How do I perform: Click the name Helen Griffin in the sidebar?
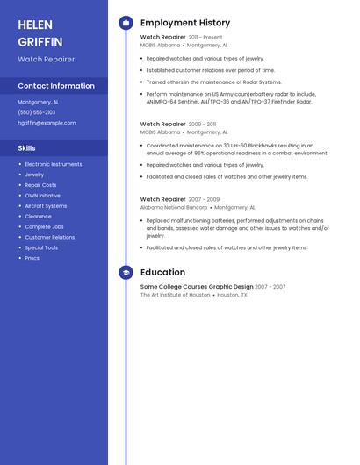pos(40,32)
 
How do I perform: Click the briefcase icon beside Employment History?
pos(126,23)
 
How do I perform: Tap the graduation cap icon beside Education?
pos(126,272)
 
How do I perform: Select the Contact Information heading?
pos(56,86)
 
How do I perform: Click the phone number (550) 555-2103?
pos(37,112)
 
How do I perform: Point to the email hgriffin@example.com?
pos(47,123)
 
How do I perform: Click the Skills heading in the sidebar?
pos(26,148)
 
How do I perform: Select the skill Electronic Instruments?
pos(54,164)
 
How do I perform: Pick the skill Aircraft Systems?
pos(46,206)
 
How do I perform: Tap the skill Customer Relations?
pos(50,238)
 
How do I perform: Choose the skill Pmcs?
pos(32,258)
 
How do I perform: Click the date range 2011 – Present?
pos(205,38)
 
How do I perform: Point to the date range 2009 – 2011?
pos(202,125)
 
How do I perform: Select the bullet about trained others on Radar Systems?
pos(213,82)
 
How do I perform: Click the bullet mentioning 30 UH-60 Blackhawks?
pos(236,149)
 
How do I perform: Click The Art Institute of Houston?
pos(176,295)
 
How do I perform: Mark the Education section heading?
pos(162,272)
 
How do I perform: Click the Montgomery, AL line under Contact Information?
pos(39,102)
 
